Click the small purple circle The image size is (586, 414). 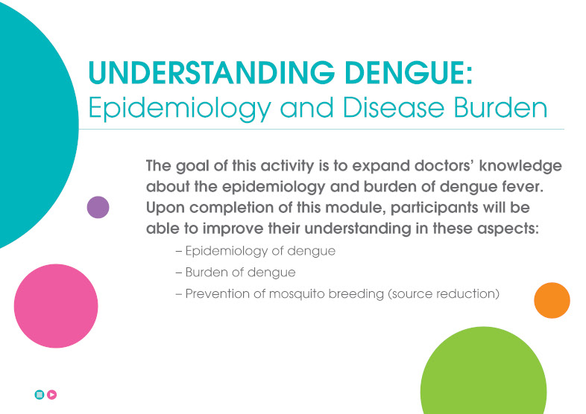pos(98,207)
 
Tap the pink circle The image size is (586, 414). pos(56,306)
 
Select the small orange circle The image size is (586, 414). pos(552,301)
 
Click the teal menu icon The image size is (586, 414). pos(40,395)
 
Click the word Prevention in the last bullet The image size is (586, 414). pos(215,293)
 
